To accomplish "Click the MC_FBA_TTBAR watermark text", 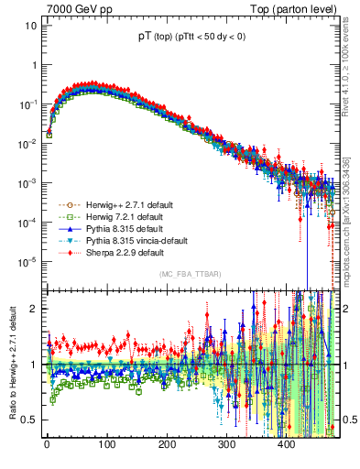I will (x=191, y=275).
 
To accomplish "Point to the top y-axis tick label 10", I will (x=30, y=26).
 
